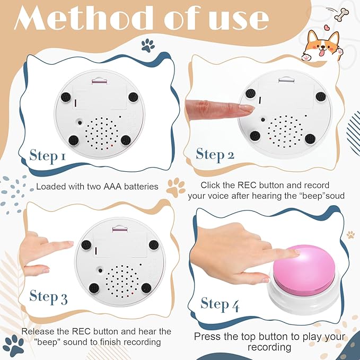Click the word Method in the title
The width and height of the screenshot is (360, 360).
[84, 17]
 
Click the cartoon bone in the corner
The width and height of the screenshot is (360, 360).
[341, 14]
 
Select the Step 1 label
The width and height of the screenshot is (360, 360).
[48, 156]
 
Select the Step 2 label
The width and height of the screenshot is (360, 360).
[215, 155]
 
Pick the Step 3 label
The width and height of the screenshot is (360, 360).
[48, 296]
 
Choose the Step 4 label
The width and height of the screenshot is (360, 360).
[219, 304]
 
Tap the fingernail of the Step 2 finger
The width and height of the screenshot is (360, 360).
[247, 108]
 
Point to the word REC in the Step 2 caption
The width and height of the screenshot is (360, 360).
[247, 185]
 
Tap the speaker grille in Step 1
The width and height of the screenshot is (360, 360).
[101, 133]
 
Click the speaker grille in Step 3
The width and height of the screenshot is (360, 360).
[122, 281]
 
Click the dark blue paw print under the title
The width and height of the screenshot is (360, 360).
[148, 45]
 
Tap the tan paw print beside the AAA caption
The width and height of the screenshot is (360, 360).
[175, 188]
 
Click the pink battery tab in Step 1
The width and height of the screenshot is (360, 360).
[99, 82]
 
